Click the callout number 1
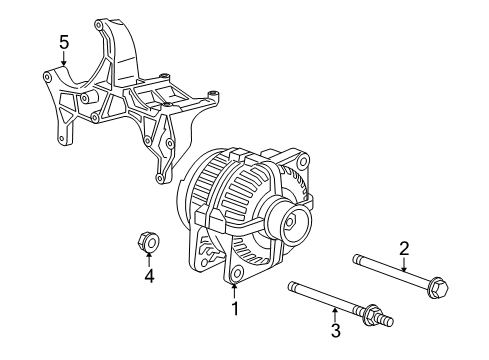pyautogui.click(x=235, y=308)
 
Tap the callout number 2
pyautogui.click(x=404, y=248)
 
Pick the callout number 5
pyautogui.click(x=63, y=43)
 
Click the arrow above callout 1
pyautogui.click(x=235, y=290)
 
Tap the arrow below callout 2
pyautogui.click(x=404, y=265)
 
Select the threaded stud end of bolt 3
pyautogui.click(x=382, y=322)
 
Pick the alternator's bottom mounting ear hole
pyautogui.click(x=238, y=273)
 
